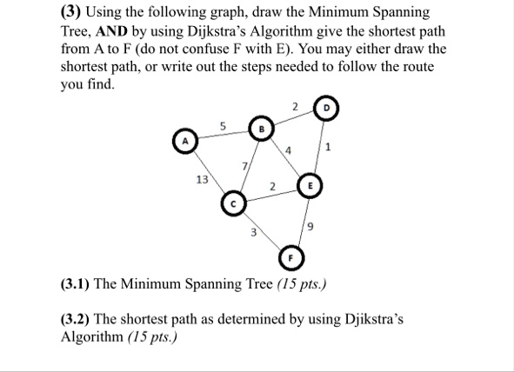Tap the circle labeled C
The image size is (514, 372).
coord(233,204)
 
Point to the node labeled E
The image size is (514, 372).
coord(310,185)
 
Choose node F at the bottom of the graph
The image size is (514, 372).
coord(291,259)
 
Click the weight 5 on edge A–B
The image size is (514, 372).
coord(223,126)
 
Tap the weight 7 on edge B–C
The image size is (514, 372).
coord(246,165)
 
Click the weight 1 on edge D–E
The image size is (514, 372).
coord(328,147)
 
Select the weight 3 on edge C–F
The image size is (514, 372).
coord(253,232)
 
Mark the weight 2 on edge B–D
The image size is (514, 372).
coord(295,108)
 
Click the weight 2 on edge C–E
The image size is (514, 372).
coord(272,184)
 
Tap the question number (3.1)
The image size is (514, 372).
coord(78,284)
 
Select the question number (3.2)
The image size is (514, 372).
coord(78,319)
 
